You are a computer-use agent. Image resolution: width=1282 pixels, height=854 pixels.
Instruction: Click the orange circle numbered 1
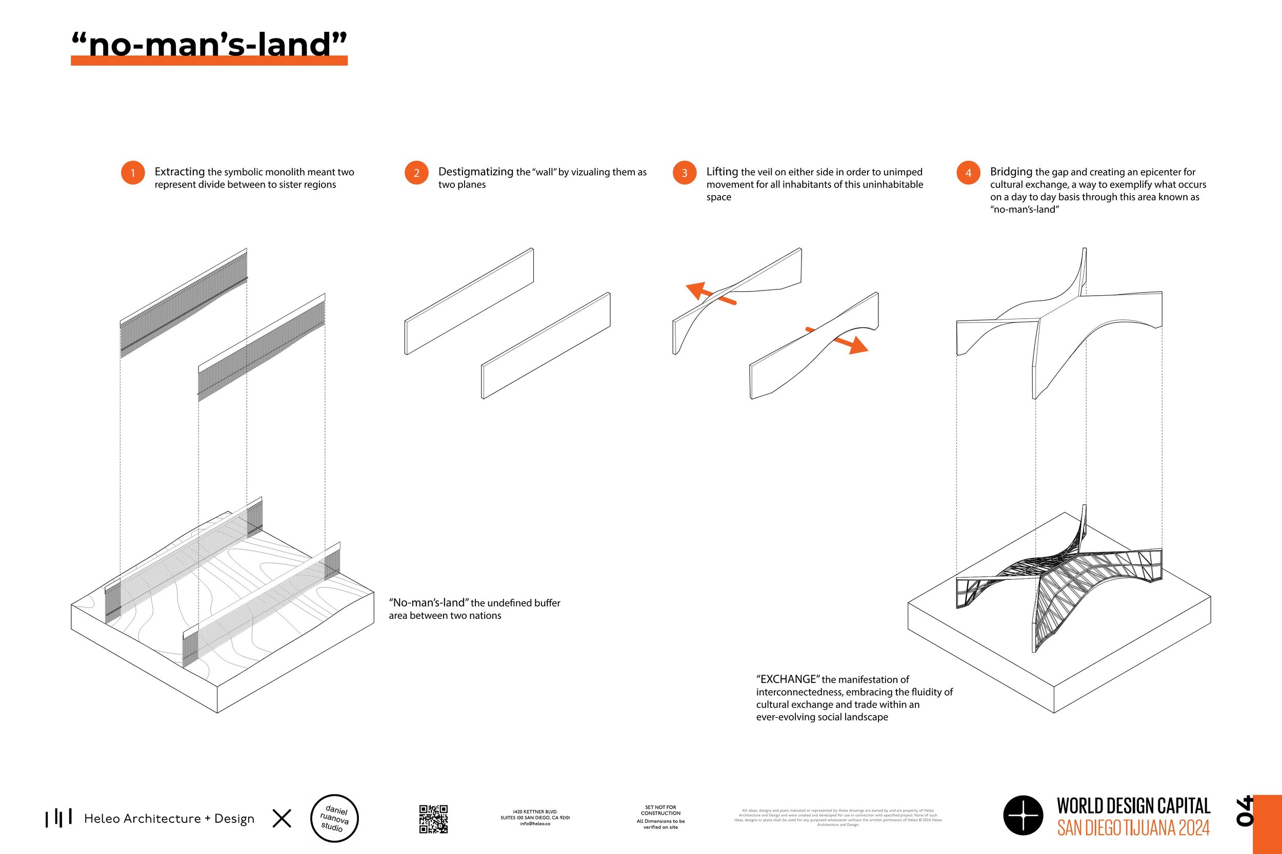click(132, 173)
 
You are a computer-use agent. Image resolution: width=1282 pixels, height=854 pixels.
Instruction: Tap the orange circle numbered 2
click(416, 173)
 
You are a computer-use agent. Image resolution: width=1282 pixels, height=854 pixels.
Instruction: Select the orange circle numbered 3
click(684, 173)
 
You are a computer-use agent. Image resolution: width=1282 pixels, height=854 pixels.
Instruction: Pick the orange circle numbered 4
click(968, 173)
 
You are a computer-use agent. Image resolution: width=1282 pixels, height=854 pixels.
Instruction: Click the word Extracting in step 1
click(179, 172)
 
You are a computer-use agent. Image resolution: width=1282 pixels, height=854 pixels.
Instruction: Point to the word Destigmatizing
click(475, 172)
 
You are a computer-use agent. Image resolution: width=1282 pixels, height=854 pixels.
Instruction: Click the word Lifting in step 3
click(722, 172)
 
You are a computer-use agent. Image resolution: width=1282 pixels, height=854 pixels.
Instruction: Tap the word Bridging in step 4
click(1011, 172)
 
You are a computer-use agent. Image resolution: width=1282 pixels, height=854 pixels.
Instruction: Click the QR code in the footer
click(433, 819)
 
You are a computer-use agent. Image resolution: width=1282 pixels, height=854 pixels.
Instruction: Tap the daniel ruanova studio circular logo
click(334, 818)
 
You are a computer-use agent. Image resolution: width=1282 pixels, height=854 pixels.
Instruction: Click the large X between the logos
click(282, 818)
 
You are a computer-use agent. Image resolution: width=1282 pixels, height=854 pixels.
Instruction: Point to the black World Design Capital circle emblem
click(1023, 816)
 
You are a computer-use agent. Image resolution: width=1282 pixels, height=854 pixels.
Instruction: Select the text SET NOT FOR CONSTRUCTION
click(660, 810)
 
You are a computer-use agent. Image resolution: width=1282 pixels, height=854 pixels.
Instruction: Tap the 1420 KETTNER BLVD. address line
click(535, 811)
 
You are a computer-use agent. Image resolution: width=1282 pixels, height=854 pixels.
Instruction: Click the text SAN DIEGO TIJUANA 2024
click(1133, 828)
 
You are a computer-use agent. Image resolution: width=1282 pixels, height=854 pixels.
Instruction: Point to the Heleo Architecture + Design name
click(169, 819)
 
